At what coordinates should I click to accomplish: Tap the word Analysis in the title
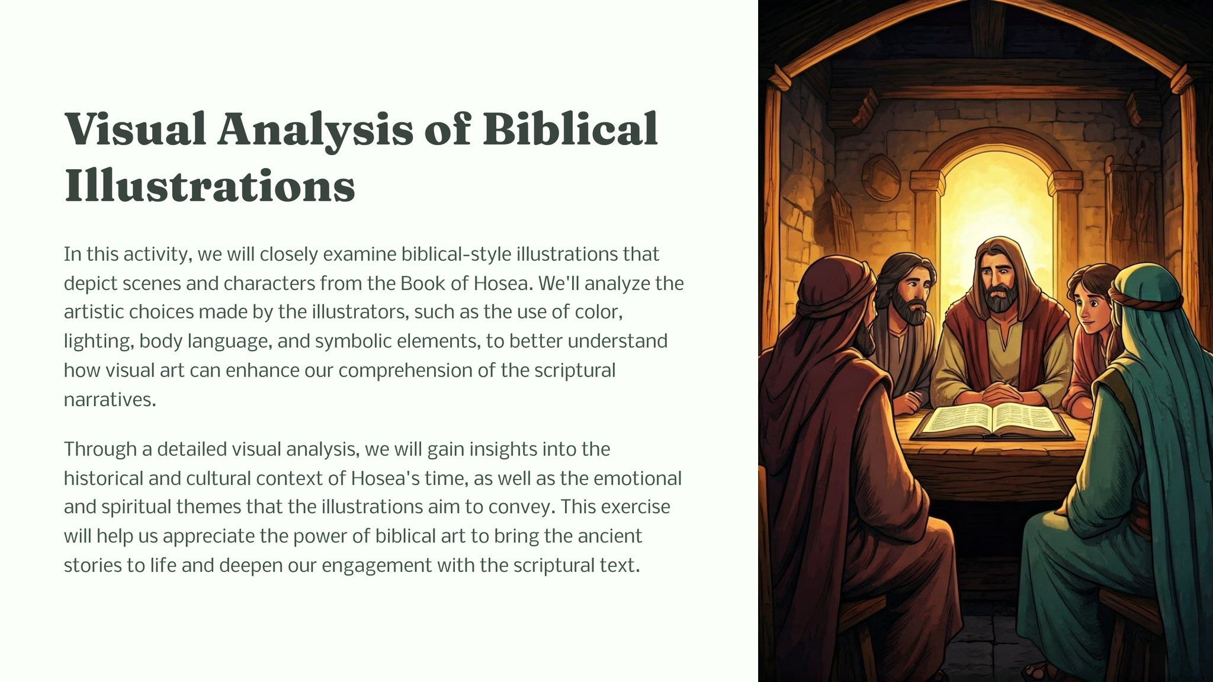(316, 130)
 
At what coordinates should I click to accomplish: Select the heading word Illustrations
(210, 185)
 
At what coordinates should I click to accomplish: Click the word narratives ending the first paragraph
(110, 400)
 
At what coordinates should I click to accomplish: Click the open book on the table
(992, 421)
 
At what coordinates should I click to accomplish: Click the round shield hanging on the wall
(881, 178)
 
